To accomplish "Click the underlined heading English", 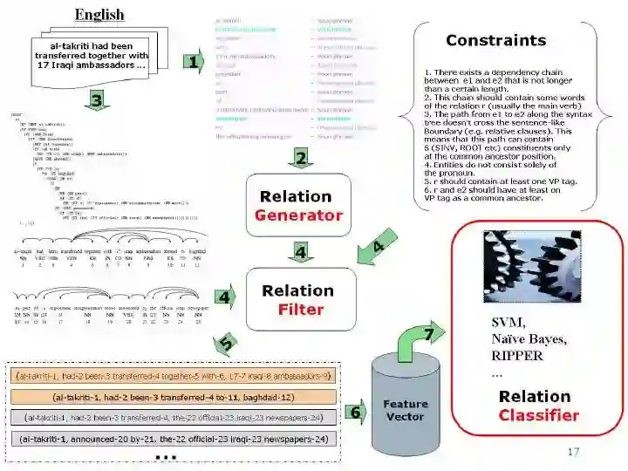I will coord(99,15).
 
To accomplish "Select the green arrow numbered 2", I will coord(300,158).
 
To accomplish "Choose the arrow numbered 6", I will coord(356,412).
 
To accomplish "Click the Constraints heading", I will coord(495,40).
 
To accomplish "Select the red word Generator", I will coord(298,215).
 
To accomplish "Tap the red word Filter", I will coord(301,309).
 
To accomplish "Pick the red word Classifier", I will coord(538,415).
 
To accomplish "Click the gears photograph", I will coord(531,265).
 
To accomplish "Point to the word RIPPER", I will coord(517,356).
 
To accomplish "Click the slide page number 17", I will coord(572,452).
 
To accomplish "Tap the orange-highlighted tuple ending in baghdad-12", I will coord(171,397).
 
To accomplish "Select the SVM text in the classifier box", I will coord(508,323).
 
